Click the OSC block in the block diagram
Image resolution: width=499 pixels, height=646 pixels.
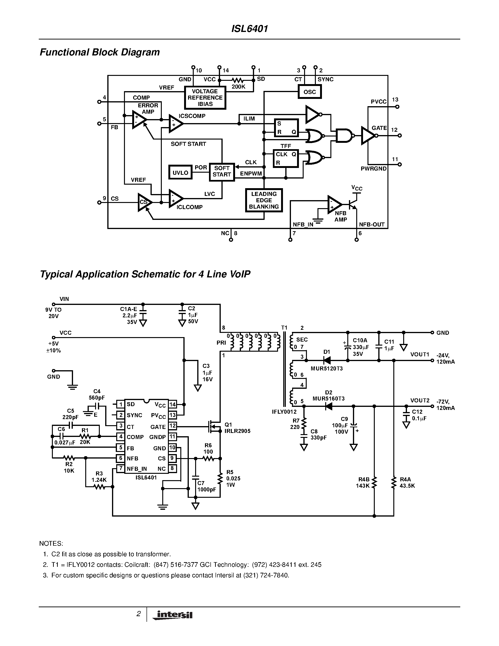[309, 92]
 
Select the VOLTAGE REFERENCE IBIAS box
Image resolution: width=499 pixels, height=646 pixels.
[205, 98]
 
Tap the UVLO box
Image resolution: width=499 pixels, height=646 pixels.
[180, 173]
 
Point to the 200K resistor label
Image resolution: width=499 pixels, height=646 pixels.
[238, 87]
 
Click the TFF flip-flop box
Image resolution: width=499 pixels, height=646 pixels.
[286, 159]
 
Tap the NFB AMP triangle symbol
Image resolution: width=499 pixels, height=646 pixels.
[334, 204]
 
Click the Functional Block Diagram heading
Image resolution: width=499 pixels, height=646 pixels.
[100, 52]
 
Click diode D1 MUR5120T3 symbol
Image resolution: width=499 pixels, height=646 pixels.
[327, 360]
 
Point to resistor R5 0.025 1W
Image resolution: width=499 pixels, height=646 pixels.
[220, 478]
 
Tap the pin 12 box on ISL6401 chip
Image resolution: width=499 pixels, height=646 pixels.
[172, 426]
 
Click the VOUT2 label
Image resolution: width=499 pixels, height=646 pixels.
[419, 401]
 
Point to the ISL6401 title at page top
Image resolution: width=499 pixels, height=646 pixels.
[249, 29]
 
